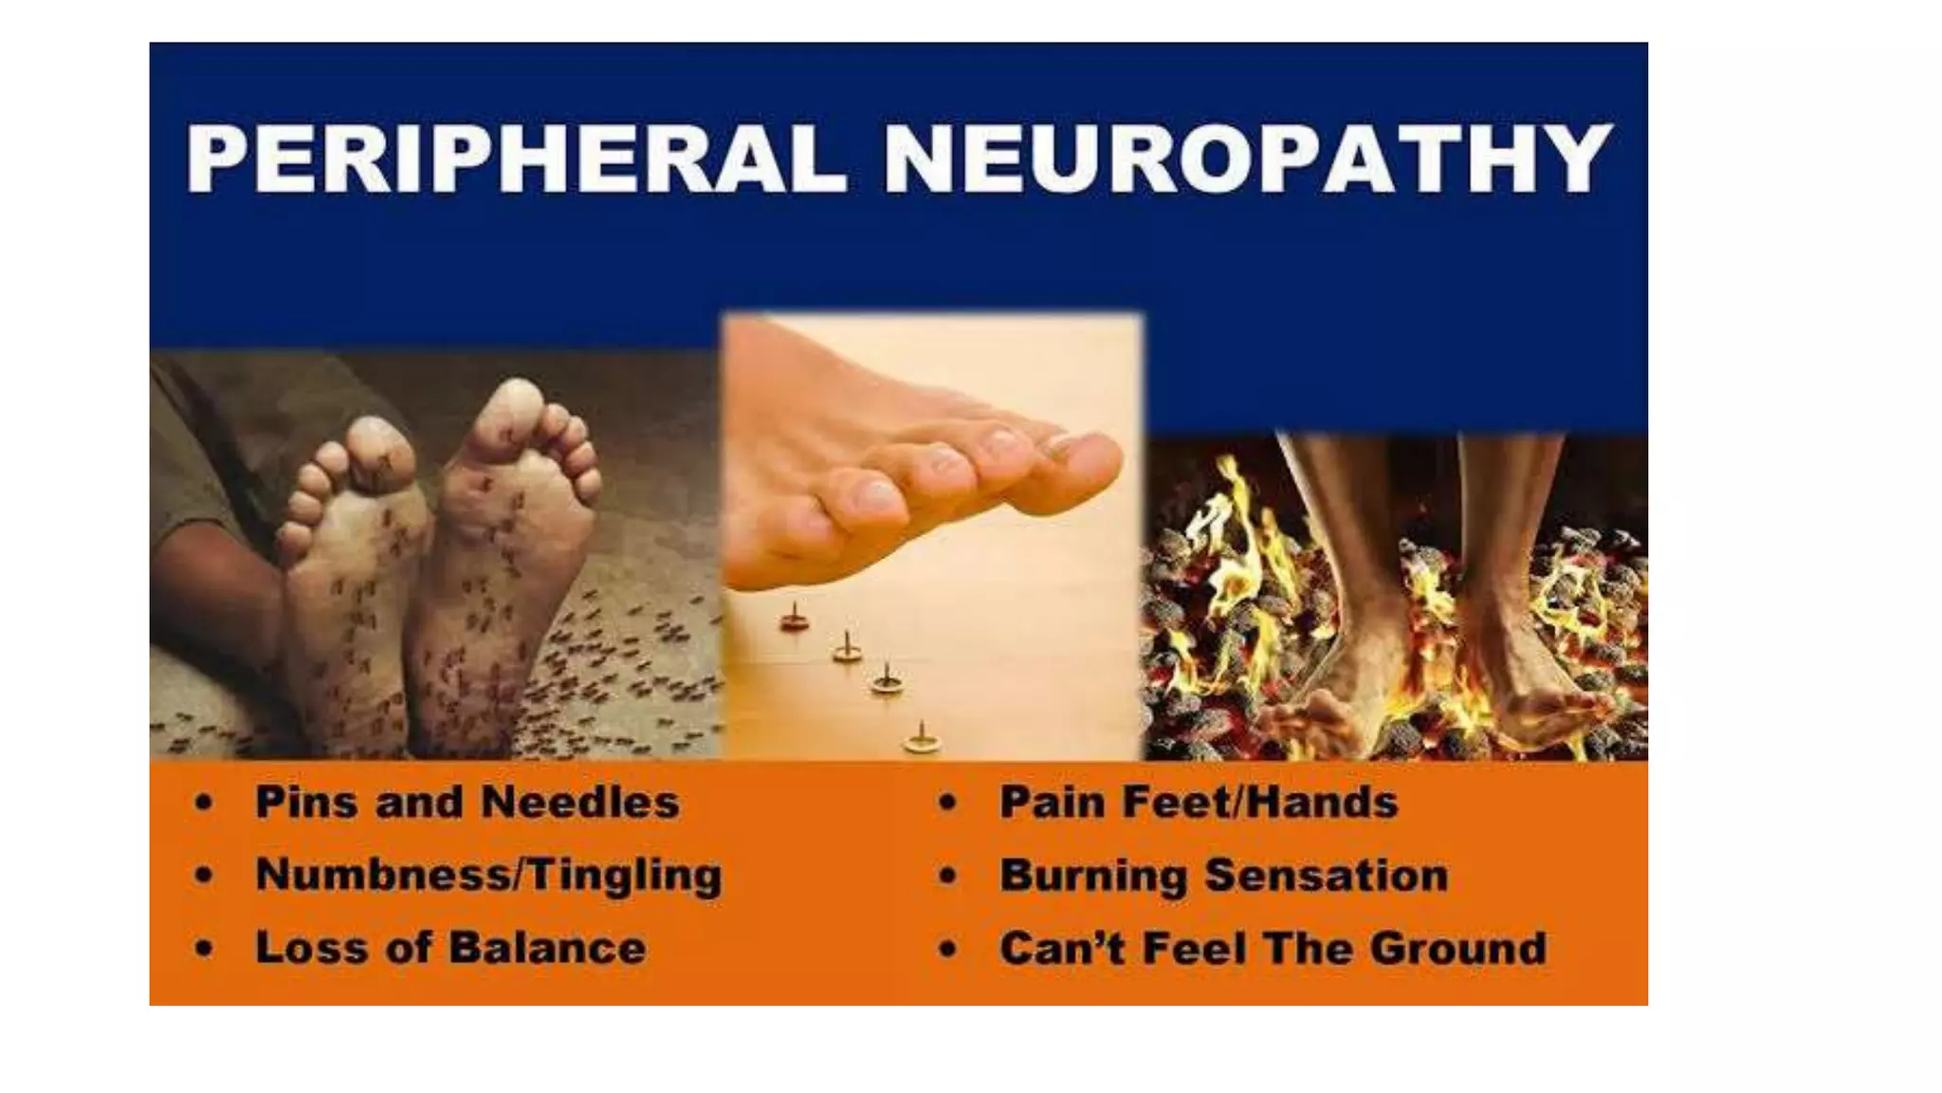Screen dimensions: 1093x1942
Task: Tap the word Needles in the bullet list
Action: tap(579, 803)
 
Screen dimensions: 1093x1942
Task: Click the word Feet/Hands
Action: tap(1260, 803)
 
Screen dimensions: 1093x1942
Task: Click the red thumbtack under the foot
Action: tap(794, 621)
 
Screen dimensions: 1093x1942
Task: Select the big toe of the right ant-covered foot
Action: tap(512, 408)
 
